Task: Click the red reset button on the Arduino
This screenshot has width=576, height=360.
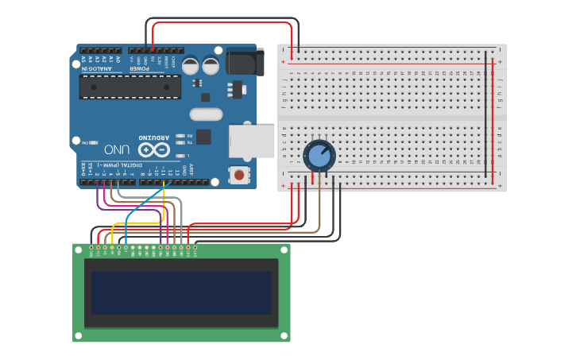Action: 238,174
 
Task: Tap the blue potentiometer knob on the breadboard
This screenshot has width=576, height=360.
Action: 319,155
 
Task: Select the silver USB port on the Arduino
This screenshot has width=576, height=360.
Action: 251,141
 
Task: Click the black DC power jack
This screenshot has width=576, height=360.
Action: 245,62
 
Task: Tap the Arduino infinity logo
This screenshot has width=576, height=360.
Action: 154,149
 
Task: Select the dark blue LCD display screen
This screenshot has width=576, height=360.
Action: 181,292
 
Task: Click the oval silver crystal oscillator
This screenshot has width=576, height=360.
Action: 206,114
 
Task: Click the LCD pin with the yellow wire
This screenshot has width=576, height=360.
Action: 112,249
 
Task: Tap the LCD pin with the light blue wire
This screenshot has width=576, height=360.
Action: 126,249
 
